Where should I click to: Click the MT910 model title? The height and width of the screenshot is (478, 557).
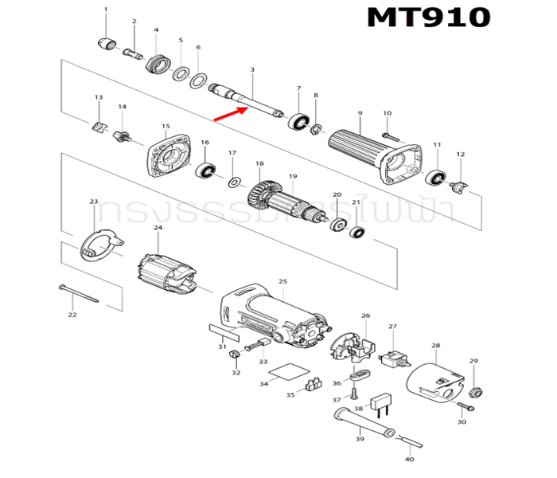(428, 17)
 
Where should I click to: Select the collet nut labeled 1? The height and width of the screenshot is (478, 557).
(107, 42)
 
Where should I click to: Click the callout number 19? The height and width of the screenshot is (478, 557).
(292, 176)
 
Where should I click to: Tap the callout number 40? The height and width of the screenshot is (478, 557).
(411, 460)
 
